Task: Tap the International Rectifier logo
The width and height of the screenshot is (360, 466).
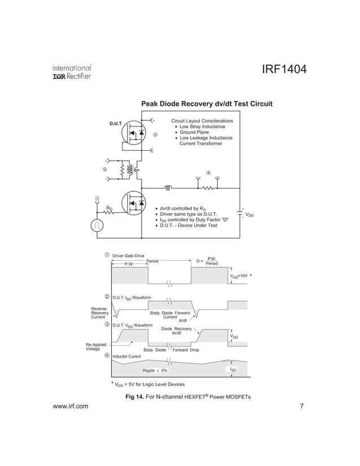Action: [72, 72]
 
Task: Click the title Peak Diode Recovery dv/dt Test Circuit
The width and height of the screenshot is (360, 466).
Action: [207, 104]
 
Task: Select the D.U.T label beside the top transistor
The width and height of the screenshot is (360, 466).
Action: [115, 124]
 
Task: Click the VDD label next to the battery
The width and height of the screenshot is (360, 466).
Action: [249, 215]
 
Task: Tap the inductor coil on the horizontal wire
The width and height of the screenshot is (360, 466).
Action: [168, 188]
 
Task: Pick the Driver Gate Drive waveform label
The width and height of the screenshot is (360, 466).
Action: [129, 256]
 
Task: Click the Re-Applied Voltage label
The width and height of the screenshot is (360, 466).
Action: [96, 346]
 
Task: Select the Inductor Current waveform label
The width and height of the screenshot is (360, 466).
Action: [126, 357]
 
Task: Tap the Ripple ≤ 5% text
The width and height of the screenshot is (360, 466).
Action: [155, 371]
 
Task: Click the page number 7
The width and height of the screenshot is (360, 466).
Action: [302, 407]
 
